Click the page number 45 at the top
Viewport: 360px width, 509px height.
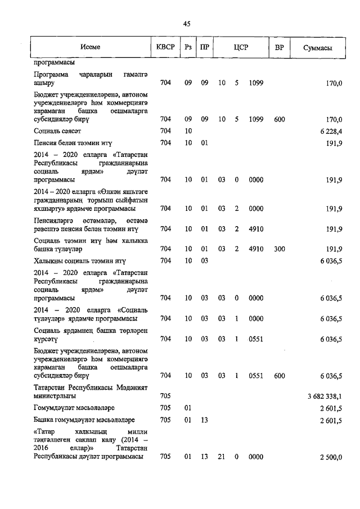pyautogui.click(x=187, y=24)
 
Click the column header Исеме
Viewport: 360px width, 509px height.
pyautogui.click(x=90, y=47)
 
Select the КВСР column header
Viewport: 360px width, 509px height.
pyautogui.click(x=166, y=47)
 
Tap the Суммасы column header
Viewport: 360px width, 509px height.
pyautogui.click(x=317, y=47)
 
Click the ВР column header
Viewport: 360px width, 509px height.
pyautogui.click(x=279, y=47)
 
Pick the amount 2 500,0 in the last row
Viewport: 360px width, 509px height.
pyautogui.click(x=331, y=457)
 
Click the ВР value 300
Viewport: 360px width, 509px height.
pyautogui.click(x=280, y=248)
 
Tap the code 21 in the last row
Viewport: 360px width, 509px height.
pyautogui.click(x=222, y=457)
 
